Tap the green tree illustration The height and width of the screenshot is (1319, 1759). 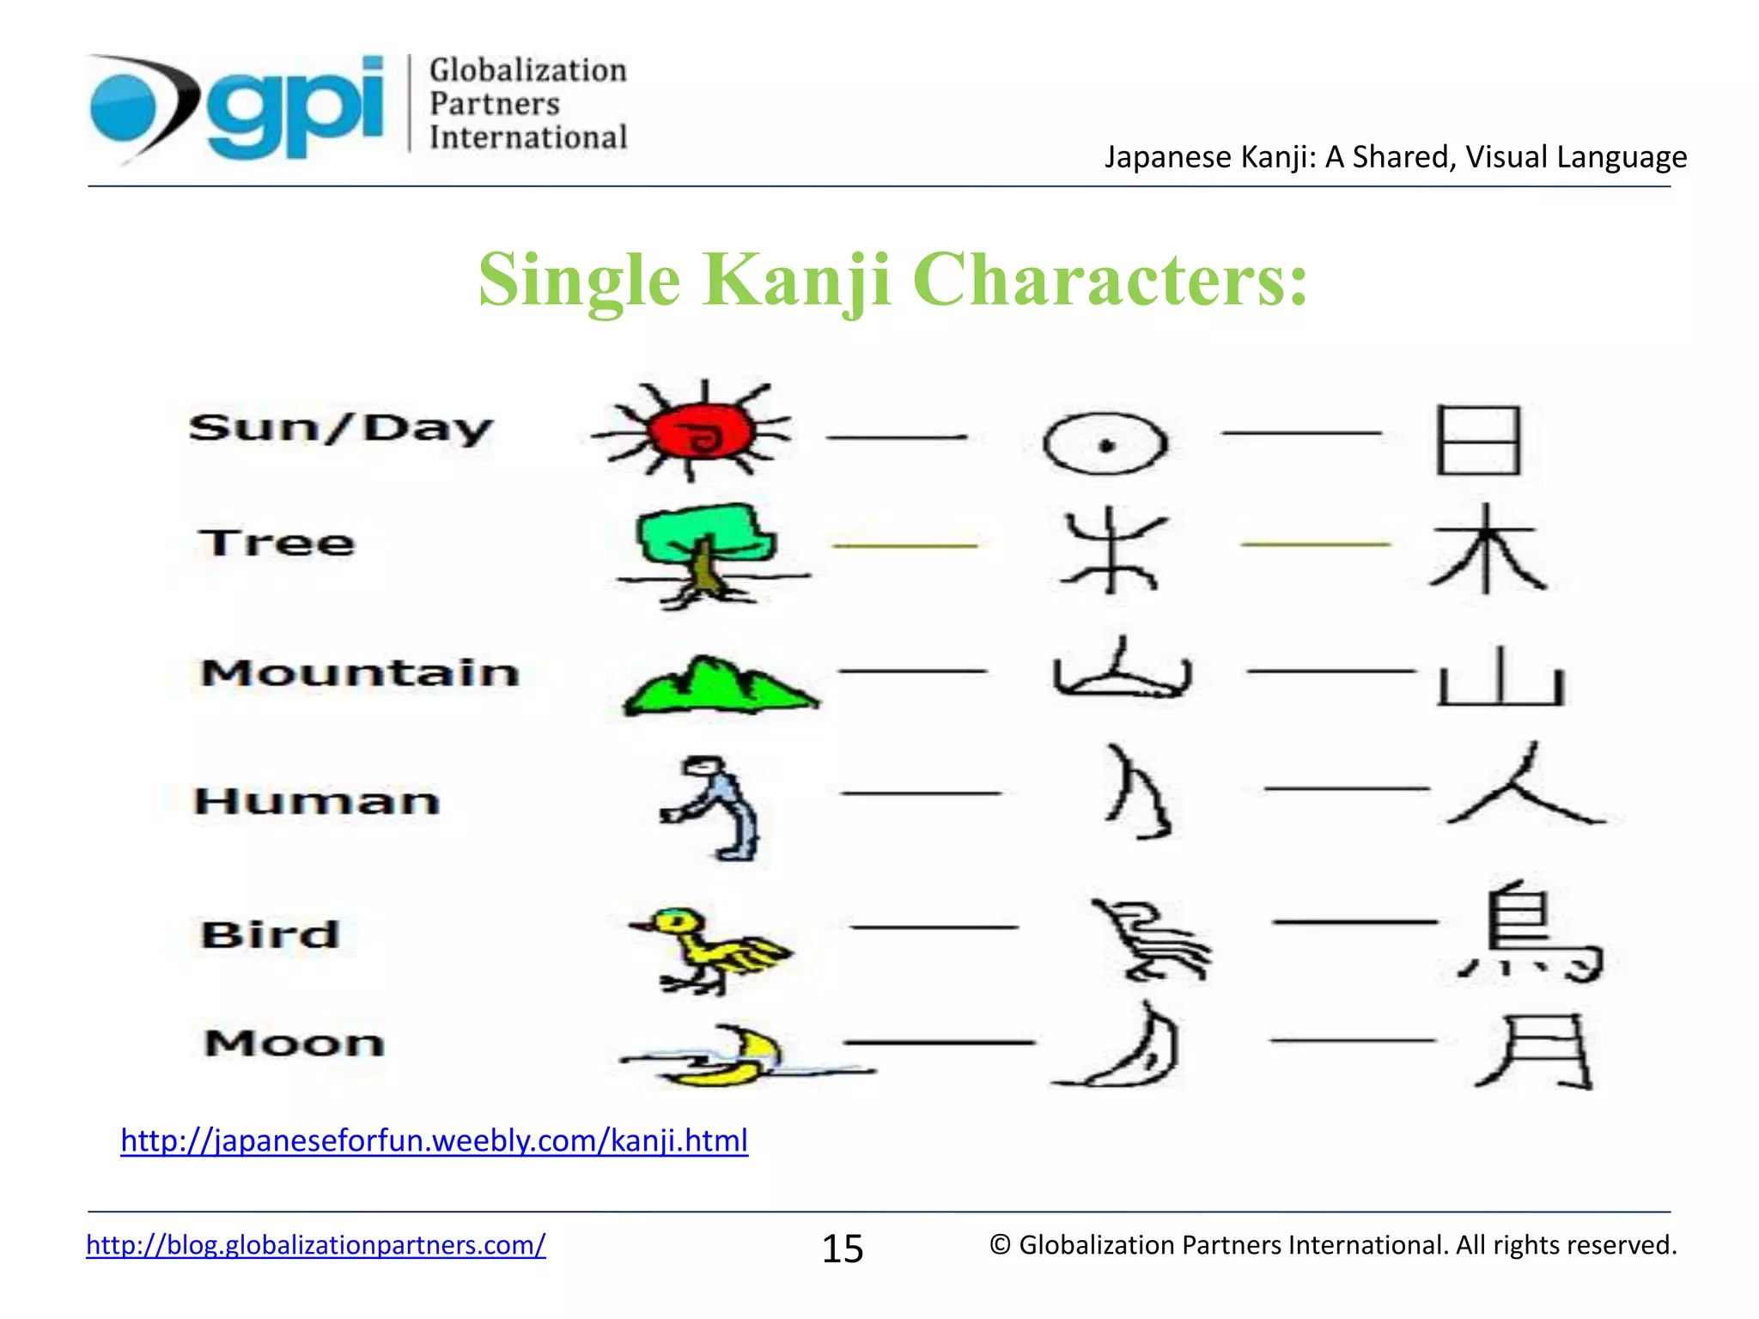[x=704, y=550]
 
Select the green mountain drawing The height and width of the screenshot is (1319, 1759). [x=720, y=687]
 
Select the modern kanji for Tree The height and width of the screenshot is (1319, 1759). [x=1488, y=550]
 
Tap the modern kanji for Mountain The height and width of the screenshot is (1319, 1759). [x=1501, y=678]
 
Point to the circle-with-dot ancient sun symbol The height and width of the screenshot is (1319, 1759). [x=1105, y=444]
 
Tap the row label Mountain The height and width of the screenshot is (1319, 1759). [x=360, y=672]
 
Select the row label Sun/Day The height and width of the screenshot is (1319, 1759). [x=341, y=428]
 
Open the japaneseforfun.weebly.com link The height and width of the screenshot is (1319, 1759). [x=434, y=1140]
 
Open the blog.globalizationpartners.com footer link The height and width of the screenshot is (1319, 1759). [x=315, y=1244]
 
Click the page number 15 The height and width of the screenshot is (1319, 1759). [x=843, y=1249]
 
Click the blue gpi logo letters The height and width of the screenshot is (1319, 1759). [x=296, y=107]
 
